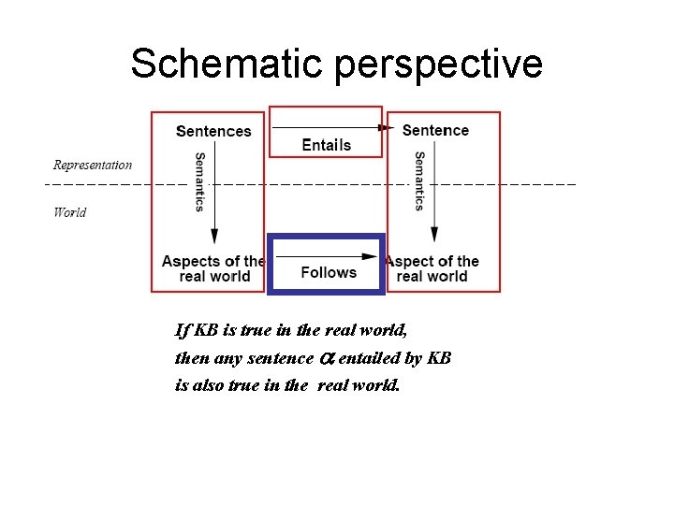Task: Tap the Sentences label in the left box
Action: pyautogui.click(x=213, y=132)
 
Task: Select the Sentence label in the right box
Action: pyautogui.click(x=435, y=130)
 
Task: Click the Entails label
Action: pyautogui.click(x=326, y=145)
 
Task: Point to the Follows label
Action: pyautogui.click(x=329, y=272)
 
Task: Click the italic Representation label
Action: pyautogui.click(x=93, y=166)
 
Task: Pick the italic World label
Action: pyautogui.click(x=70, y=212)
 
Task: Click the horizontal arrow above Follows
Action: pyautogui.click(x=327, y=255)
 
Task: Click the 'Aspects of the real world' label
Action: pyautogui.click(x=213, y=268)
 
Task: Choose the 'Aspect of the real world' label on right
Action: pyautogui.click(x=432, y=268)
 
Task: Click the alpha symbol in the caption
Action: pyautogui.click(x=327, y=358)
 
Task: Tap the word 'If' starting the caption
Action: pyautogui.click(x=182, y=330)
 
